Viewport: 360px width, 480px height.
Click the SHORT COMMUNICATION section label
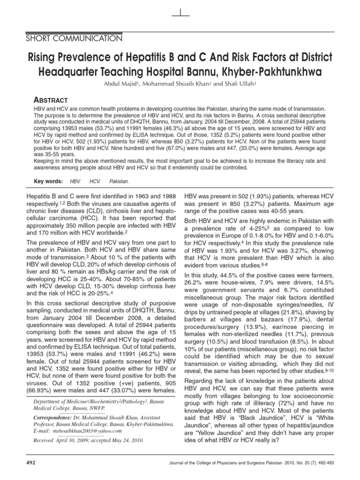click(x=76, y=38)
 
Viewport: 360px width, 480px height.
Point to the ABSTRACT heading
click(x=52, y=100)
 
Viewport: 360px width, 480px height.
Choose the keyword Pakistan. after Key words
click(x=120, y=180)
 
